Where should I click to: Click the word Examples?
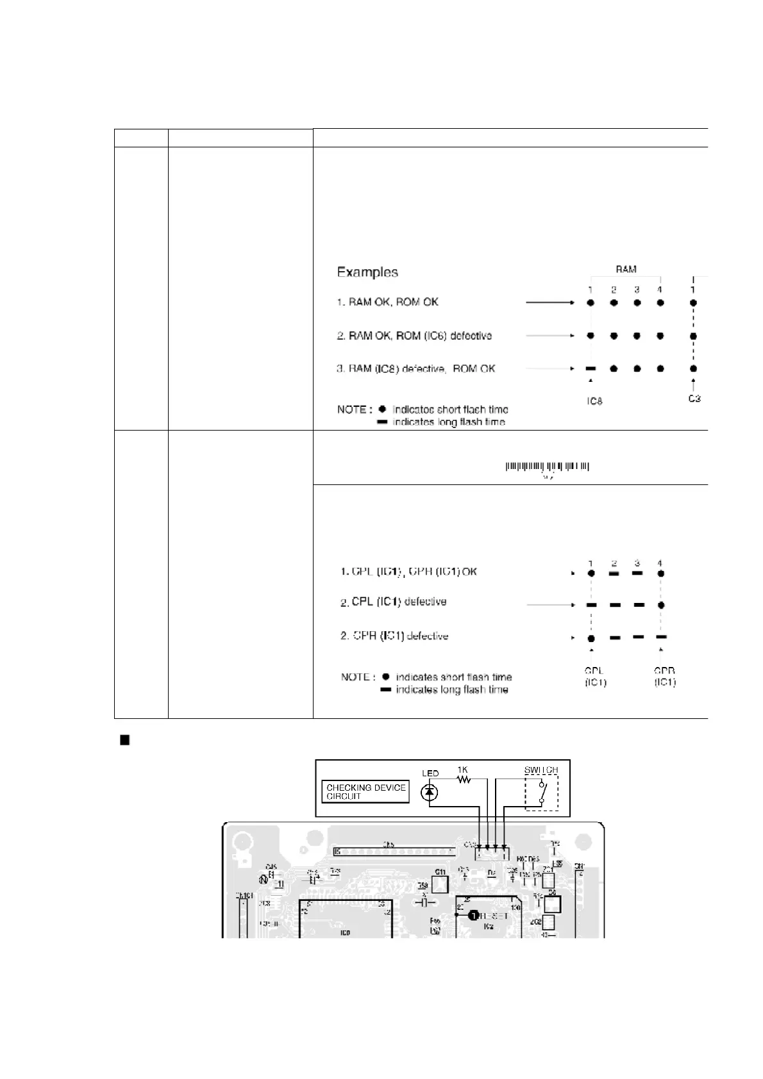(367, 272)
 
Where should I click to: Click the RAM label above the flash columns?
(625, 270)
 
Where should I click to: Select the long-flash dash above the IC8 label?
(591, 369)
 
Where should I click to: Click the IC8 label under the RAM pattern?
(594, 402)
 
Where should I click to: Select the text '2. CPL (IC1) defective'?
(393, 602)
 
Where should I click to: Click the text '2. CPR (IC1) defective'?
(394, 636)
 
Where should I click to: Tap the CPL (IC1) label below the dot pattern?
(594, 677)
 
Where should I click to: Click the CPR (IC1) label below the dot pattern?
(665, 677)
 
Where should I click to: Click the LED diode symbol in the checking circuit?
(430, 793)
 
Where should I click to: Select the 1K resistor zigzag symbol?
(464, 780)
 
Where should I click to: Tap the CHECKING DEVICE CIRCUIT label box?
(366, 792)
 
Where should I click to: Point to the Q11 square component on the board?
(440, 884)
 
